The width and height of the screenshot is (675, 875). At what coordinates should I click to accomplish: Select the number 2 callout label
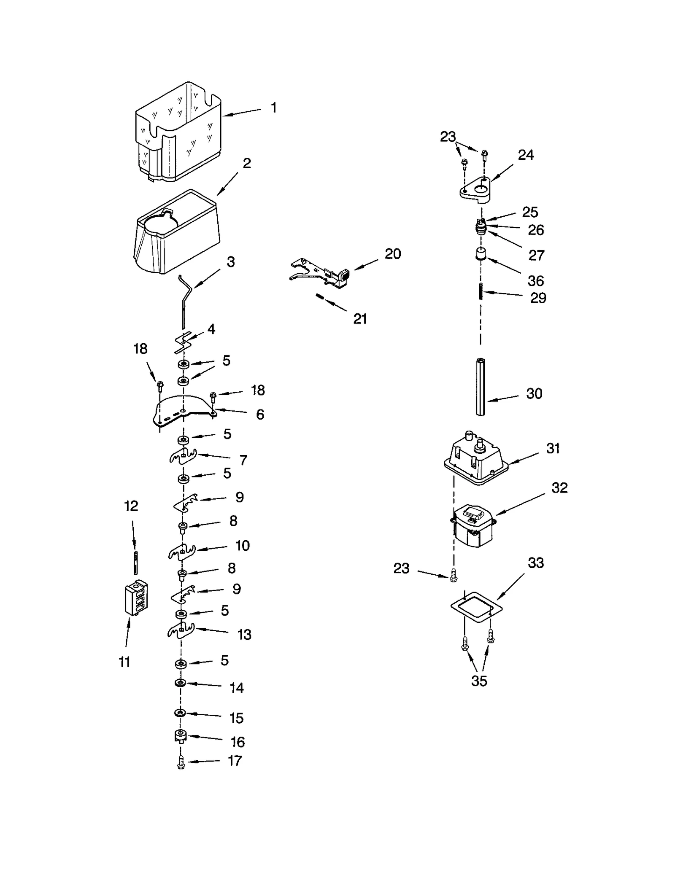pos(247,164)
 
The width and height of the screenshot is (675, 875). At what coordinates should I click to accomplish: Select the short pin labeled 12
pos(135,563)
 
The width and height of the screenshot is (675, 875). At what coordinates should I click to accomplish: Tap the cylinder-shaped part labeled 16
pos(181,736)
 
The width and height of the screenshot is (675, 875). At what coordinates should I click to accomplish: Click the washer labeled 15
pos(180,713)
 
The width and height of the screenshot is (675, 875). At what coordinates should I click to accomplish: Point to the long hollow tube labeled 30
pos(481,387)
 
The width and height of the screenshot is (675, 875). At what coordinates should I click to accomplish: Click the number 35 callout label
pos(479,681)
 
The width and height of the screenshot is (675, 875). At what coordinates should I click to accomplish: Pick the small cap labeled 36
pos(480,254)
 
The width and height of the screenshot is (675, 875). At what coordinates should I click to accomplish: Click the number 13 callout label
pos(244,634)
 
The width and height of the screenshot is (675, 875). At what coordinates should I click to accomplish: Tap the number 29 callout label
pos(538,298)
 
